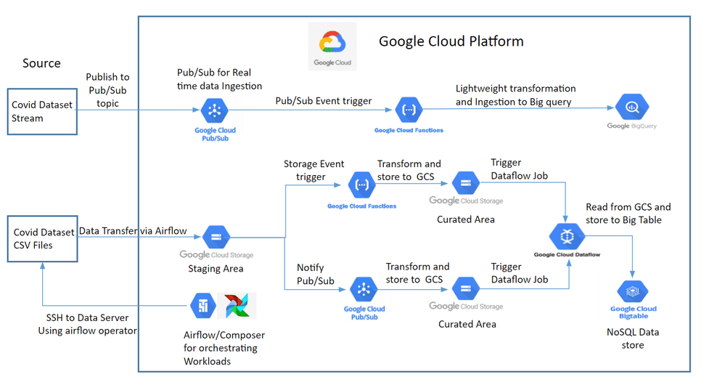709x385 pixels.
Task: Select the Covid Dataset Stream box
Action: tap(42, 111)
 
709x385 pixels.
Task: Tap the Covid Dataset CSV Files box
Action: tap(43, 239)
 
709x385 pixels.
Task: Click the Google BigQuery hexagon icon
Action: tap(628, 108)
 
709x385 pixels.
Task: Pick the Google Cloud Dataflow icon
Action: tap(567, 236)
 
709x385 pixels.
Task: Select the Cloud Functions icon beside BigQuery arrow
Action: tap(407, 111)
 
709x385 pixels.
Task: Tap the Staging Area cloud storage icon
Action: tap(216, 237)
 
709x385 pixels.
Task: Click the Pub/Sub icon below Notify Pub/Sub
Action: tap(364, 290)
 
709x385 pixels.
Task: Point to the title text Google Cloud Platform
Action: tap(451, 41)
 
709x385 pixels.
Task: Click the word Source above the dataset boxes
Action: tap(41, 63)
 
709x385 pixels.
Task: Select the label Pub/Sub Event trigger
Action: tap(324, 101)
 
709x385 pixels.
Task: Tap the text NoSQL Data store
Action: tap(632, 339)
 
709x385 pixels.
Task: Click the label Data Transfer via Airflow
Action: tap(133, 231)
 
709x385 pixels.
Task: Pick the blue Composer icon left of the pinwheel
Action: tap(202, 306)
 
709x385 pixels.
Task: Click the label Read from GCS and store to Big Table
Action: tap(628, 214)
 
